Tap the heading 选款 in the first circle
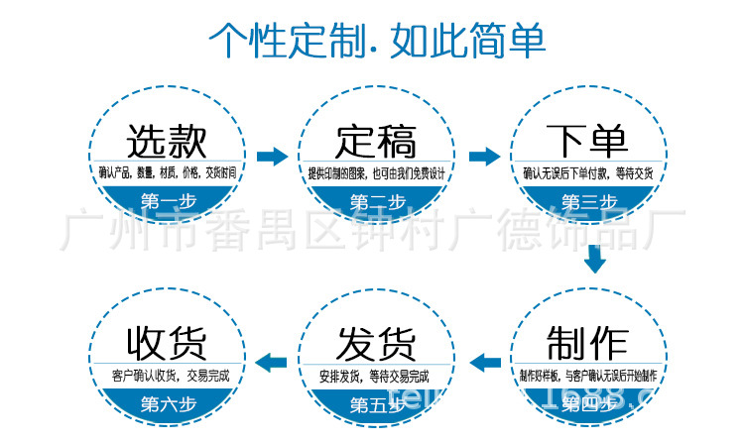tap(167, 141)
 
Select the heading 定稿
tap(376, 141)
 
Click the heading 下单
tap(587, 141)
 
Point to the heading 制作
tap(587, 343)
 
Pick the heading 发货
tap(376, 343)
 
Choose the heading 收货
tap(167, 343)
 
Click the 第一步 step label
tap(167, 202)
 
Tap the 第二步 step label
tap(377, 202)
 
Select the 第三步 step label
tap(587, 202)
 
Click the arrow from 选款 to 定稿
tap(272, 156)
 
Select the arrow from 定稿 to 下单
tap(483, 156)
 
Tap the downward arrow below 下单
tap(594, 260)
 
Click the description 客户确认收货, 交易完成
tap(167, 376)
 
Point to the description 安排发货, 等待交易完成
tap(376, 377)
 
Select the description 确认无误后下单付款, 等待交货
tap(587, 173)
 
